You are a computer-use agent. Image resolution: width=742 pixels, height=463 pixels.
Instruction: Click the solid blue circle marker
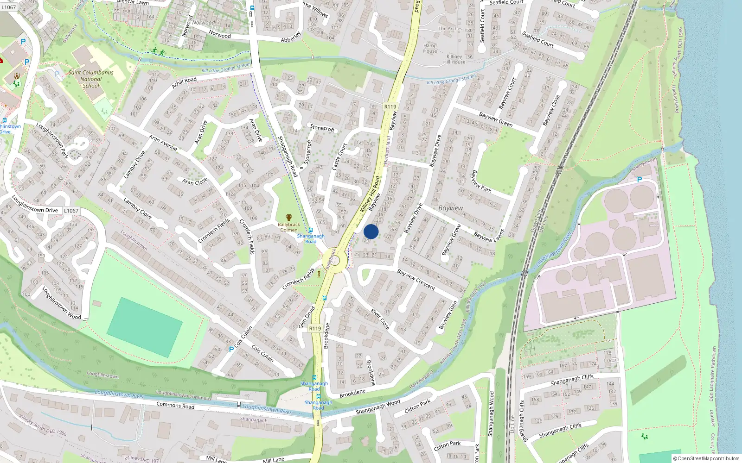point(371,231)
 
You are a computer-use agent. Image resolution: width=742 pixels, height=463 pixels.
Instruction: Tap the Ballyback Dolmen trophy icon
point(289,218)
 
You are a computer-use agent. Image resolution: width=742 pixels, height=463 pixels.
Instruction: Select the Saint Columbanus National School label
point(91,79)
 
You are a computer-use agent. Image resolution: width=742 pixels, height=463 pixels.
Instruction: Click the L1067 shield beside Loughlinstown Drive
point(71,211)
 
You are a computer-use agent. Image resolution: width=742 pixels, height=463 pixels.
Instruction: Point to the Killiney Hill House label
point(454,59)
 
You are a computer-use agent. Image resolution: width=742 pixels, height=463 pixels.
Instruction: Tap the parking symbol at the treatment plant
point(640,180)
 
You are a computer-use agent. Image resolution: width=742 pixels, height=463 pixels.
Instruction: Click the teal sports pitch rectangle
point(145,327)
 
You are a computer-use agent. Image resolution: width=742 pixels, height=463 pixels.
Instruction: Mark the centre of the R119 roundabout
point(334,260)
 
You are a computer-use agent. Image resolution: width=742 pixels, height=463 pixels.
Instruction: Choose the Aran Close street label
point(195,181)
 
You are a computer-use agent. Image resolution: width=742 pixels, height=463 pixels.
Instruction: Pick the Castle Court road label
point(339,156)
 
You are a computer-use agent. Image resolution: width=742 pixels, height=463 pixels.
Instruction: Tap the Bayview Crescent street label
point(416,280)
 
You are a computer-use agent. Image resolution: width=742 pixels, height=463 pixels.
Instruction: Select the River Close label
point(380,319)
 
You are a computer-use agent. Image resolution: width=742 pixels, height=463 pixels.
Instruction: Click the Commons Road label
point(175,406)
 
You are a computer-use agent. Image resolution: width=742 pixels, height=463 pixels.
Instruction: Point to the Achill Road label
point(184,82)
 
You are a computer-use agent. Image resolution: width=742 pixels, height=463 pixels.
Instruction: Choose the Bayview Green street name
point(496,119)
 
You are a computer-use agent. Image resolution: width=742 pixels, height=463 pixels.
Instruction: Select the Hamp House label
point(430,48)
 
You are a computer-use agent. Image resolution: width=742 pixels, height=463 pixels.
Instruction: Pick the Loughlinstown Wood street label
point(61,303)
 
